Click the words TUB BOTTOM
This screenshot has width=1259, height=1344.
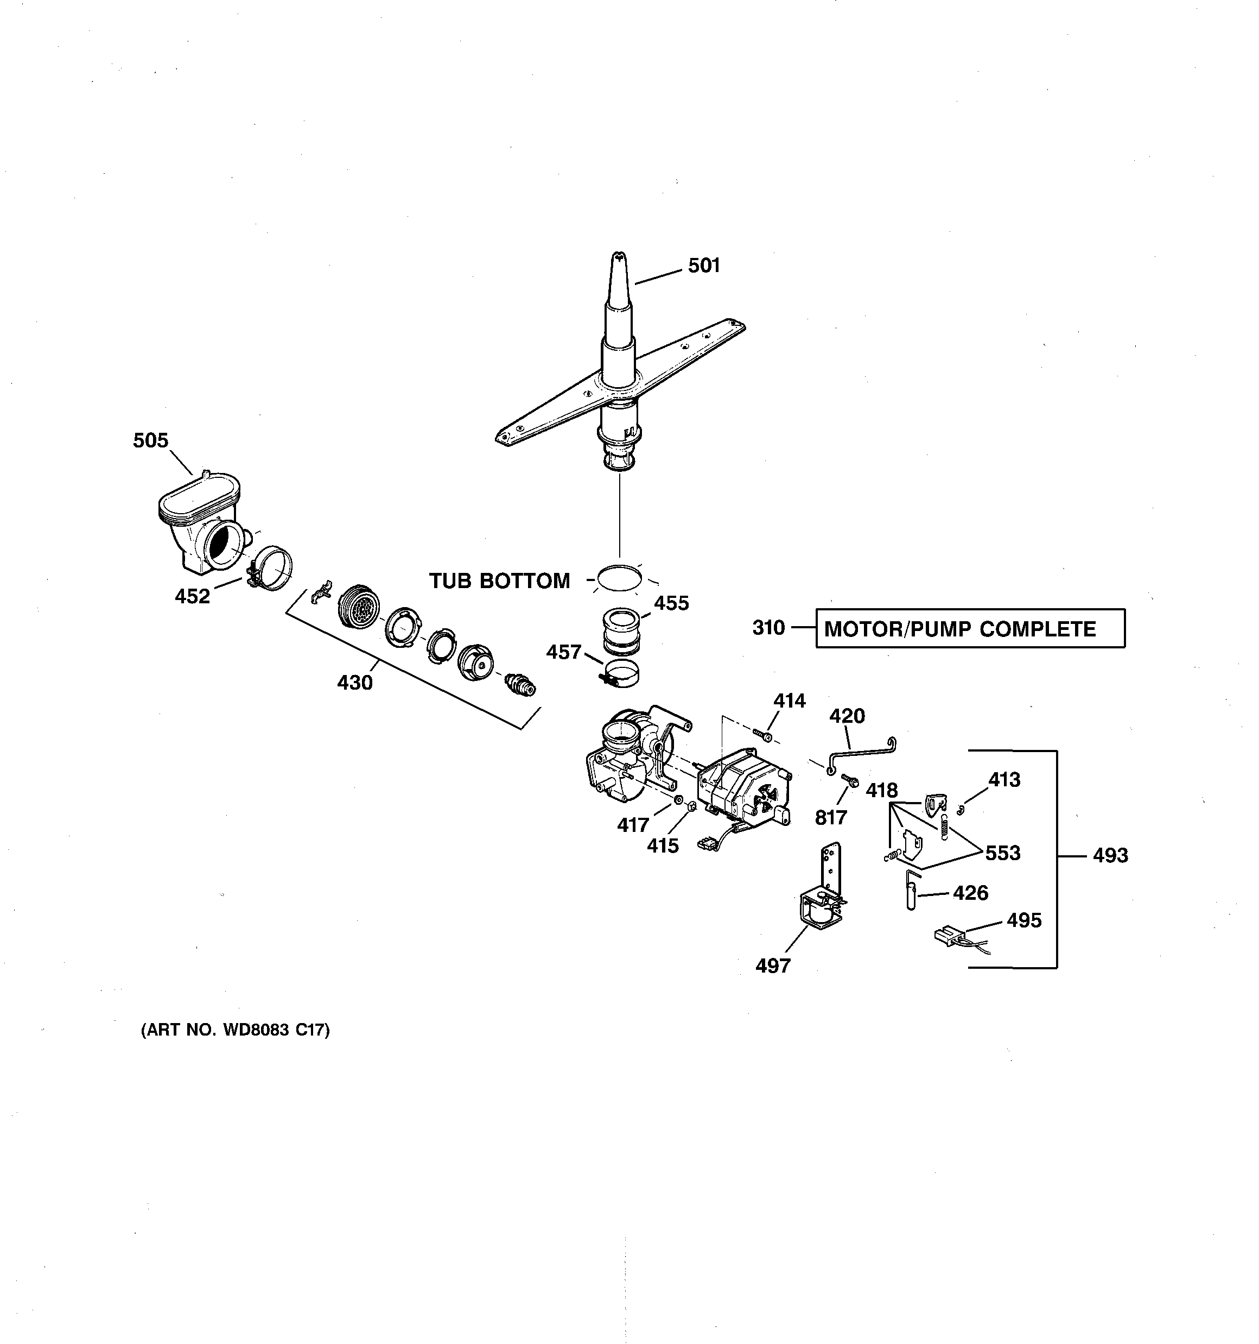coord(499,580)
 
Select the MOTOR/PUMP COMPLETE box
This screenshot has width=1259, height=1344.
coord(970,629)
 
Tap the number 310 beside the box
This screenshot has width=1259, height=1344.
coord(768,628)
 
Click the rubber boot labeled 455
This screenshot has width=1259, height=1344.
coord(621,632)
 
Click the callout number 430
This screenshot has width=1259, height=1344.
coord(355,683)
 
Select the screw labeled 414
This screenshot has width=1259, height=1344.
coord(764,735)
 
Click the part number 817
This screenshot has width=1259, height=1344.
coord(830,817)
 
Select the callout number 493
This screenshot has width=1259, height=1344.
coord(1110,856)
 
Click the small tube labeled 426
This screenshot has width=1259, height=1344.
coord(910,892)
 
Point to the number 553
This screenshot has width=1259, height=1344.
coord(1002,853)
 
